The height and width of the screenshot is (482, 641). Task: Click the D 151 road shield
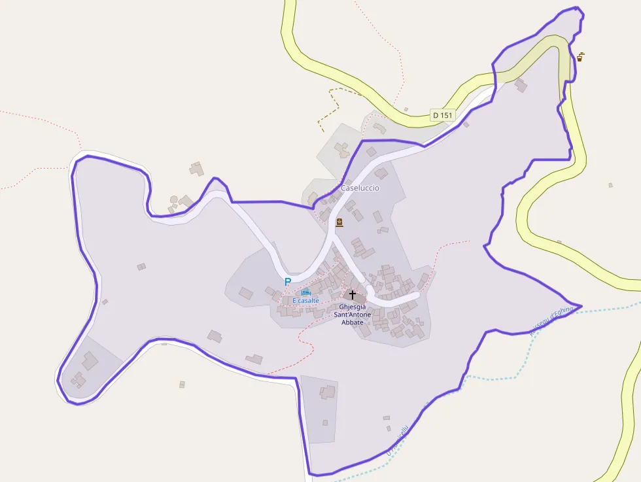click(443, 115)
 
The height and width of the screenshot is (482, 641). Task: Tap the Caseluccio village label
click(360, 188)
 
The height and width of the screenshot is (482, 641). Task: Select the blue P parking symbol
click(287, 282)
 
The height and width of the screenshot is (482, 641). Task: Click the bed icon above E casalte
click(305, 292)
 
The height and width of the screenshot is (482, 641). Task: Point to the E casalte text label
click(305, 300)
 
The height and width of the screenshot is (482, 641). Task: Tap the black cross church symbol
click(353, 295)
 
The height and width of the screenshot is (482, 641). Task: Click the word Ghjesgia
click(353, 307)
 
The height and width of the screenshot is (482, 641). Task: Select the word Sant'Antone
click(353, 315)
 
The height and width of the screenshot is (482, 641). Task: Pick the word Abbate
click(353, 322)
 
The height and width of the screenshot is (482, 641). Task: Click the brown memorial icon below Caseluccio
click(339, 223)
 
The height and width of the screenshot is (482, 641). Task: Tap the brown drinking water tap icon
click(580, 57)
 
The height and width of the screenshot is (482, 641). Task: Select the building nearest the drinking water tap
click(521, 85)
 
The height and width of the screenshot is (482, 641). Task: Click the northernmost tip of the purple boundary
click(577, 8)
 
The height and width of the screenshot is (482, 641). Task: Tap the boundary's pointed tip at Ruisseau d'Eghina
click(581, 306)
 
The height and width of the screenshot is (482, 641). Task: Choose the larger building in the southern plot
click(327, 392)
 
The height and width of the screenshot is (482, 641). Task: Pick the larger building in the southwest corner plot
click(90, 360)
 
